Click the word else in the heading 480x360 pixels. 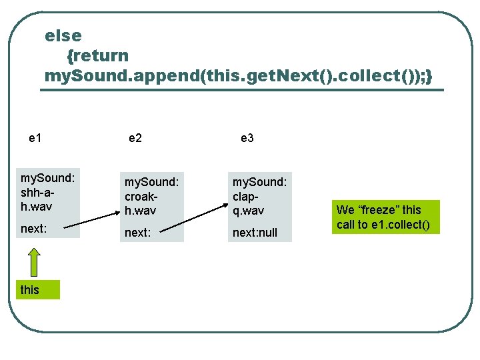point(63,35)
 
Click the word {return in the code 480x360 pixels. point(97,55)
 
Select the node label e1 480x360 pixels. point(36,138)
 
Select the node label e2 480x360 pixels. point(135,138)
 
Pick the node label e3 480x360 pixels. point(247,138)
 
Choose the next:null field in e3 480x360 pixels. point(255,233)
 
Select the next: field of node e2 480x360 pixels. point(138,233)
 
